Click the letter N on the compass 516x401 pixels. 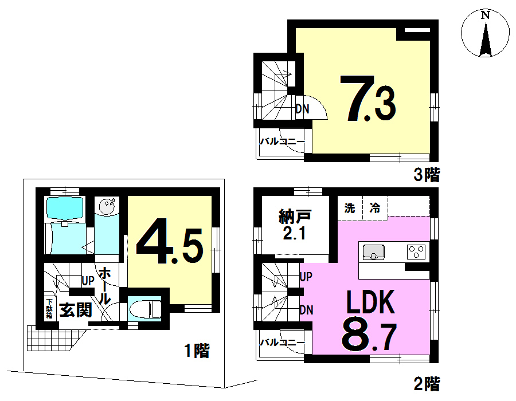(486, 15)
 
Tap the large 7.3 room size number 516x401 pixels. (368, 99)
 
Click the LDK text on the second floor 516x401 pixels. (370, 302)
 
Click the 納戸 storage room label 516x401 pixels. (295, 217)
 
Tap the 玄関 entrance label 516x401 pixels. (75, 309)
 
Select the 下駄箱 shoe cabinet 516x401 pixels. (49, 308)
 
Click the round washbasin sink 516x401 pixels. (107, 207)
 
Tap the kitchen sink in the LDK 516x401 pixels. (373, 252)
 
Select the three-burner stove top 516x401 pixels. (416, 252)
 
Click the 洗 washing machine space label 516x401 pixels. (350, 208)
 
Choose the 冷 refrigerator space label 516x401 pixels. (375, 208)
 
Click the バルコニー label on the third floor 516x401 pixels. (283, 141)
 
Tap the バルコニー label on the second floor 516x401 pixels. (283, 343)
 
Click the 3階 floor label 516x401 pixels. (427, 175)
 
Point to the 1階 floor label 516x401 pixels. (197, 351)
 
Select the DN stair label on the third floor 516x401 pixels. (302, 109)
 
